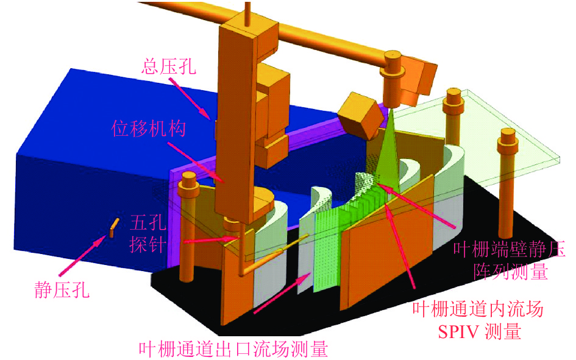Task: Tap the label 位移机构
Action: [148, 129]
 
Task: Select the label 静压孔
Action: [62, 290]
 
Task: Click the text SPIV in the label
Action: [458, 332]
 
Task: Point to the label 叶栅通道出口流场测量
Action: [233, 349]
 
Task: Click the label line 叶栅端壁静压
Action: [509, 250]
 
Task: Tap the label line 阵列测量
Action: [511, 272]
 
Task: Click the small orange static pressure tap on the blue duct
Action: [114, 228]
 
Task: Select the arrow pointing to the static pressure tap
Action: [82, 256]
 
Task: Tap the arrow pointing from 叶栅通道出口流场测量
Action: [282, 294]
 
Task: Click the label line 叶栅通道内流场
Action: [477, 309]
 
